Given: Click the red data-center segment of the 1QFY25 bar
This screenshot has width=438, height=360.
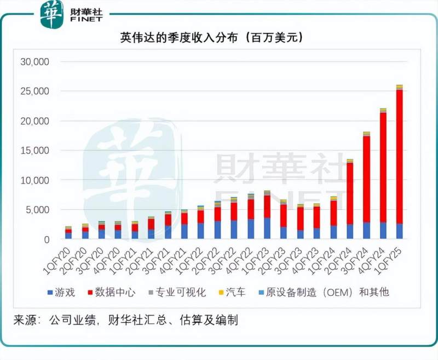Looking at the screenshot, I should pyautogui.click(x=400, y=156).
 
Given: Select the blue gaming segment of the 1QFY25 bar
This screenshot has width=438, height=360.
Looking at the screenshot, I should pyautogui.click(x=400, y=231).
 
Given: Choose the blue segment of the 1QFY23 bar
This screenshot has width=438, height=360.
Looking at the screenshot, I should pyautogui.click(x=267, y=228).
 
